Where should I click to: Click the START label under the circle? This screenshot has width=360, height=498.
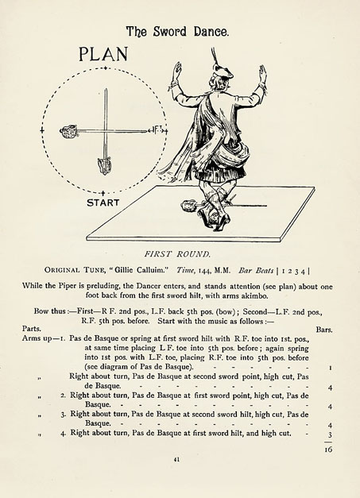click(103, 203)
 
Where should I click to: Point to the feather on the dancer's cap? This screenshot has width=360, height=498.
click(214, 59)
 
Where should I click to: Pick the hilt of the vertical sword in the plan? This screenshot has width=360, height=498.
click(102, 165)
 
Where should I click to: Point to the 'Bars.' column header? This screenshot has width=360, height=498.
click(323, 328)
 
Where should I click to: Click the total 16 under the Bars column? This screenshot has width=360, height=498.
click(328, 449)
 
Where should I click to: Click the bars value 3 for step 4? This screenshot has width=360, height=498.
click(329, 435)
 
